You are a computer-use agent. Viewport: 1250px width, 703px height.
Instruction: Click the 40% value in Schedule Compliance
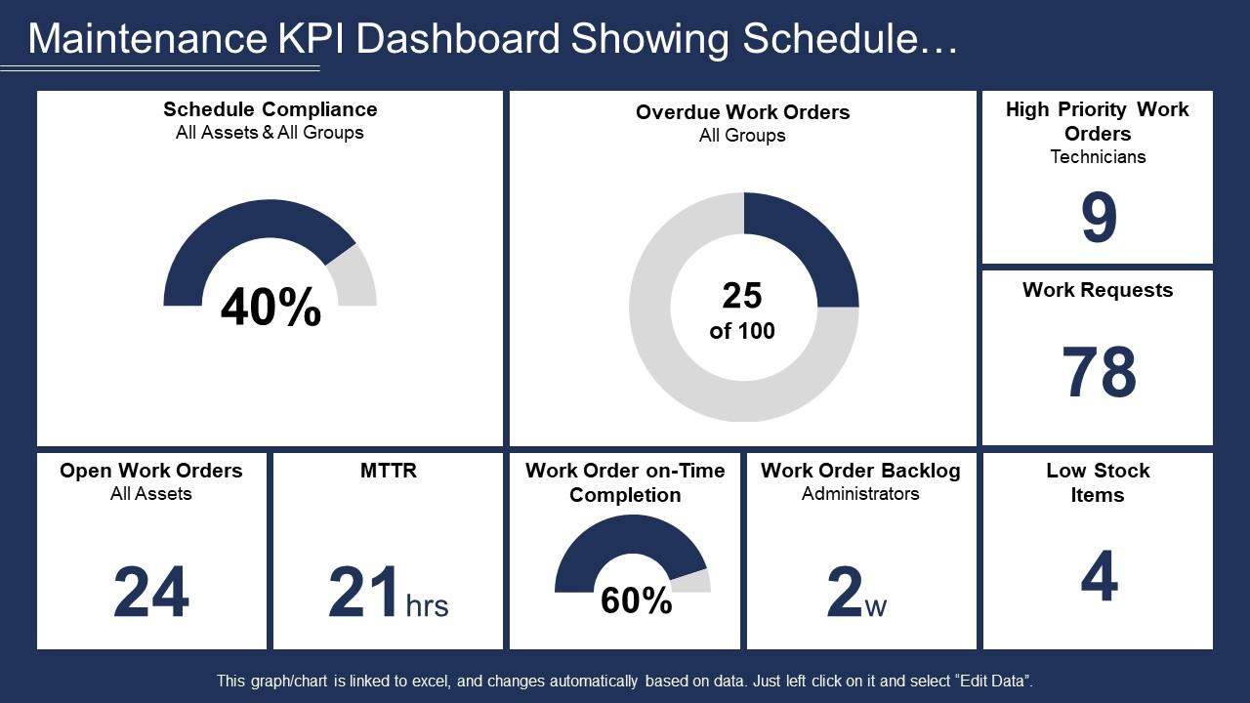coord(271,309)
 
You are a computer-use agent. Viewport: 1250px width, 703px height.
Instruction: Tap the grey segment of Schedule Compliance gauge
coord(355,277)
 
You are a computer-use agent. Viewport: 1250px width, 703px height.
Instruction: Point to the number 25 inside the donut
coord(742,296)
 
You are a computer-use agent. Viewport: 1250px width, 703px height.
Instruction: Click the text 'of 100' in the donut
coord(742,331)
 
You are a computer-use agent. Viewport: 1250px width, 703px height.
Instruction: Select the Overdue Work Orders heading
coord(742,112)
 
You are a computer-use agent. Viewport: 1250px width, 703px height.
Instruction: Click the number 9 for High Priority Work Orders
coord(1098,220)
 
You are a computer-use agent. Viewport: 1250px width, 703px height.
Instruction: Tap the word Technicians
coord(1098,156)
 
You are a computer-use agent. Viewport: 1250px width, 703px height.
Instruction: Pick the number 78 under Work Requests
coord(1099,373)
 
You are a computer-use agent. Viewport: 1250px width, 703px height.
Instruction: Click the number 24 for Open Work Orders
coord(151,594)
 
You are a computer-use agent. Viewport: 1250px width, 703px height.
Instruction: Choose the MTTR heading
coord(388,471)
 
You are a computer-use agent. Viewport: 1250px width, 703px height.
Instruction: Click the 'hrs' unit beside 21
coord(427,606)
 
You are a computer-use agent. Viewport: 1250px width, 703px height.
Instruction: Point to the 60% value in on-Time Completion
coord(636,600)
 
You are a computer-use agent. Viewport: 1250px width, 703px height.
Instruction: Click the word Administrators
coord(860,494)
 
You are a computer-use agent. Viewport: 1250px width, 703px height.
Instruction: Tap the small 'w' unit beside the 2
coord(876,607)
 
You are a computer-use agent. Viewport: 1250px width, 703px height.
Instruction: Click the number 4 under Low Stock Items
coord(1099,577)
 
